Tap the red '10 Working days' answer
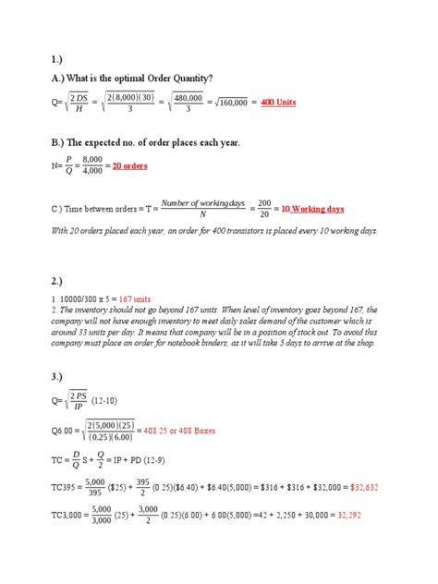(x=312, y=209)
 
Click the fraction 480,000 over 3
(x=187, y=102)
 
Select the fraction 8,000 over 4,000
(x=90, y=165)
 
